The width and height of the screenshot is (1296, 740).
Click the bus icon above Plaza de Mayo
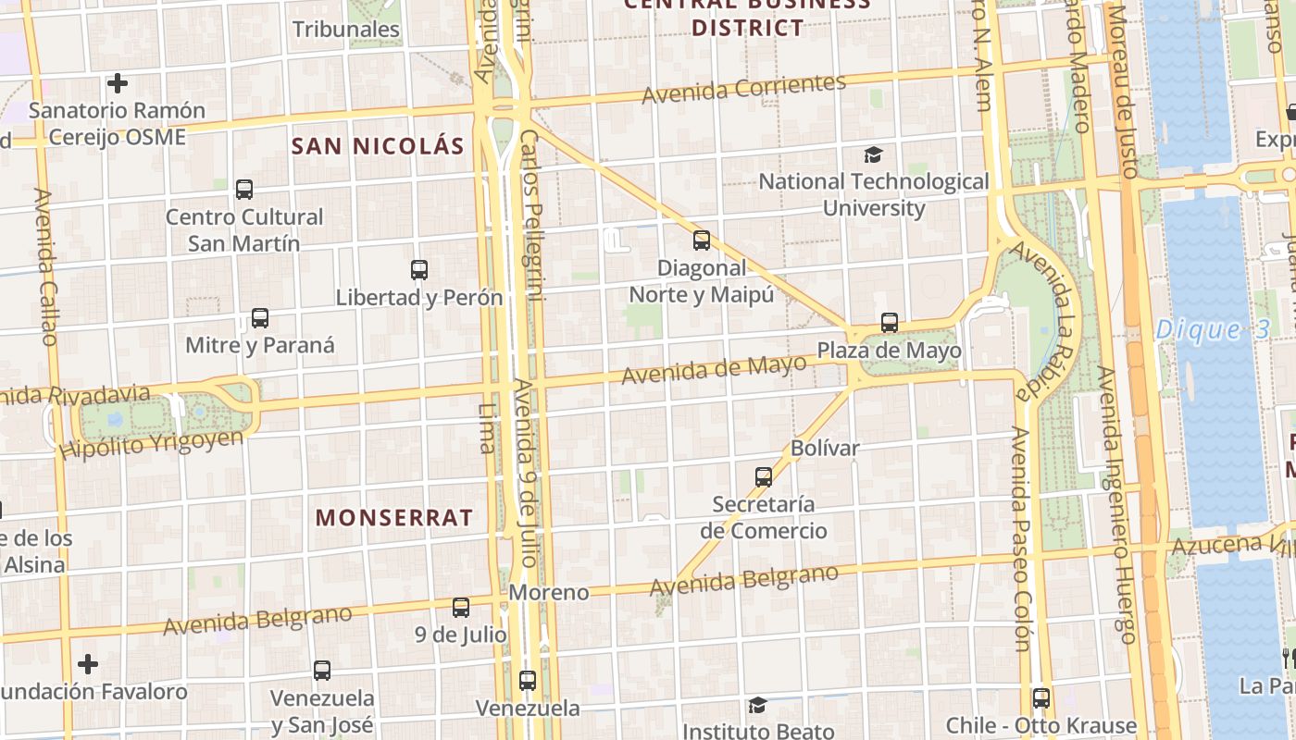click(x=890, y=323)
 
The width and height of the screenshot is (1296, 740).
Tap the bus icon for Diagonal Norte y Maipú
click(x=702, y=240)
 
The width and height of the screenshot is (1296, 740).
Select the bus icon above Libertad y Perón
click(x=419, y=270)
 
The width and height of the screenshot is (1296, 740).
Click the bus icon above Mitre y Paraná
click(x=260, y=318)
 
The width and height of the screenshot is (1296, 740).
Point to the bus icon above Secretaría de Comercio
click(x=764, y=477)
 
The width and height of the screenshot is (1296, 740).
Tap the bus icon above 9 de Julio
click(x=461, y=608)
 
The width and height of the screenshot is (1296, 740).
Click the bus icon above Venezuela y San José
click(x=322, y=671)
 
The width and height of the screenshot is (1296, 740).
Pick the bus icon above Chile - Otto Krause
click(x=1041, y=698)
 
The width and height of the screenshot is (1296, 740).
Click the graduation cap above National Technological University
click(x=873, y=154)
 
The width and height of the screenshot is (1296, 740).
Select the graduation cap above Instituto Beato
click(x=758, y=706)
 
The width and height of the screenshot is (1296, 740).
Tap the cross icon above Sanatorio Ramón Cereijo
click(x=118, y=83)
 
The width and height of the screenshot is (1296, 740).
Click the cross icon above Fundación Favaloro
click(x=88, y=664)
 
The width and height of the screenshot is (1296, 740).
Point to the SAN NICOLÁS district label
click(x=378, y=146)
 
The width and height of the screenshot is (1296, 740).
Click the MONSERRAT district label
click(x=394, y=517)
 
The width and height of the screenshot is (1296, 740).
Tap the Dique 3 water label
click(x=1212, y=329)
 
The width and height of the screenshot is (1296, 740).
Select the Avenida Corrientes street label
click(x=743, y=89)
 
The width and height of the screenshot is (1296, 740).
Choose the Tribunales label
click(x=346, y=30)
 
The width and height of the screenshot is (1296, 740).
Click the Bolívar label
click(x=825, y=449)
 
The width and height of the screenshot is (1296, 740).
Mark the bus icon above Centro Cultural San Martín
click(x=244, y=190)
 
